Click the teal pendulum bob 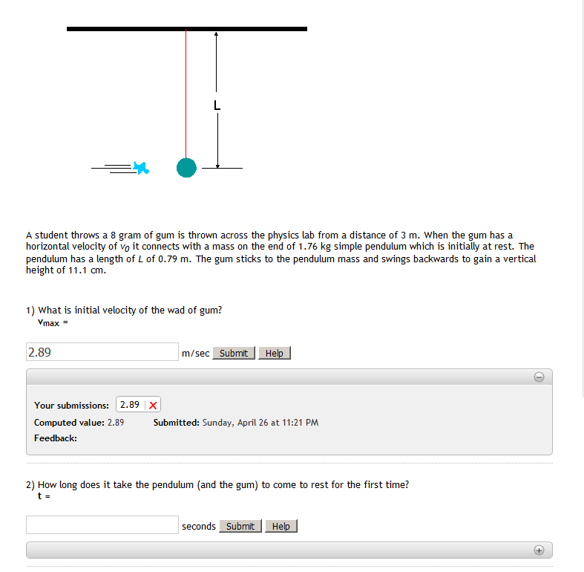coord(186,168)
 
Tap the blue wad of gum coord(140,168)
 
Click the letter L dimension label coord(217,106)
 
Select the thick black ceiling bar coord(186,29)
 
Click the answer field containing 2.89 coord(102,352)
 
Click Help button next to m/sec coord(274,353)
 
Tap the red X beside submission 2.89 coord(152,405)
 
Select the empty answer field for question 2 coord(102,525)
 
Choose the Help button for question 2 coord(281,526)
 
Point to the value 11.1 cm coord(80,270)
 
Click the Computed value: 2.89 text coord(79,422)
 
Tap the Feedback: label coord(56,438)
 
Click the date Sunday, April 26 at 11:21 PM coord(260,422)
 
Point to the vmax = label coord(53,322)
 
